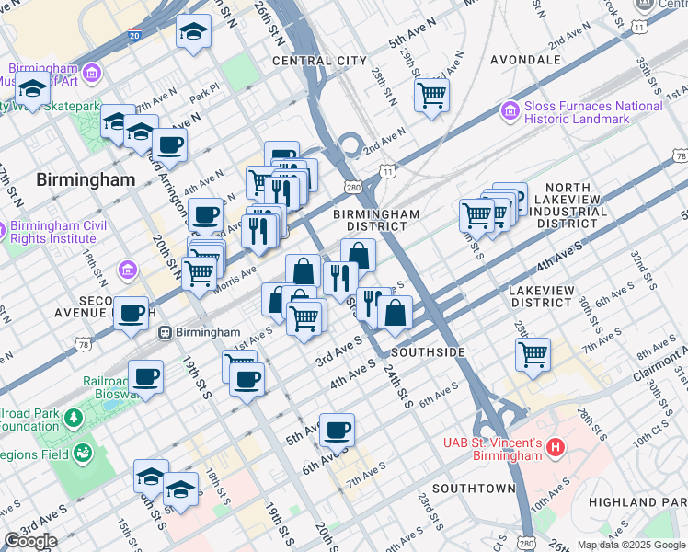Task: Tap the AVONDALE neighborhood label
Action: [525, 60]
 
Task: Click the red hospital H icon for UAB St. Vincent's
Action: [555, 449]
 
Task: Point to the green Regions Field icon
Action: [83, 453]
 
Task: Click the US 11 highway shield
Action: [387, 171]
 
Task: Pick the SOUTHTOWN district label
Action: [474, 488]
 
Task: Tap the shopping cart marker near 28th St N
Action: [431, 94]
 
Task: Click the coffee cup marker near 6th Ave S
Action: [338, 428]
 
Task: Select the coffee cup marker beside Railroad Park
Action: [145, 375]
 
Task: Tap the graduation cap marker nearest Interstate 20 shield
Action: [193, 32]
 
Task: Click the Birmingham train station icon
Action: [166, 332]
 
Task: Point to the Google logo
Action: [30, 541]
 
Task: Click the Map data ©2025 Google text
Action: [631, 545]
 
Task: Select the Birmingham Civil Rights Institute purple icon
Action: [3, 230]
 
